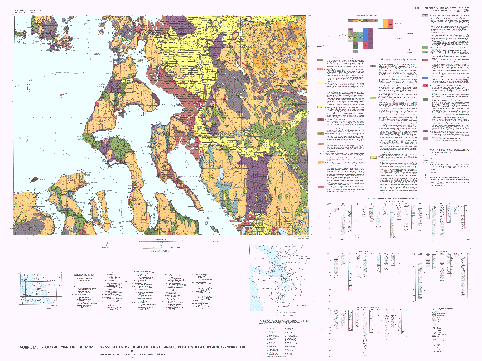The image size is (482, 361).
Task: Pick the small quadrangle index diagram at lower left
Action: [x=39, y=287]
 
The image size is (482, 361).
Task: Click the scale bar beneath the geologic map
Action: [x=162, y=244]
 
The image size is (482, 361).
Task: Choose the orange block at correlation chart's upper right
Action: [x=391, y=24]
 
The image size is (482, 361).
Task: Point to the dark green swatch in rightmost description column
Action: [x=425, y=99]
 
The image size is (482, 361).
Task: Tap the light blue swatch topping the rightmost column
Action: [x=425, y=16]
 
